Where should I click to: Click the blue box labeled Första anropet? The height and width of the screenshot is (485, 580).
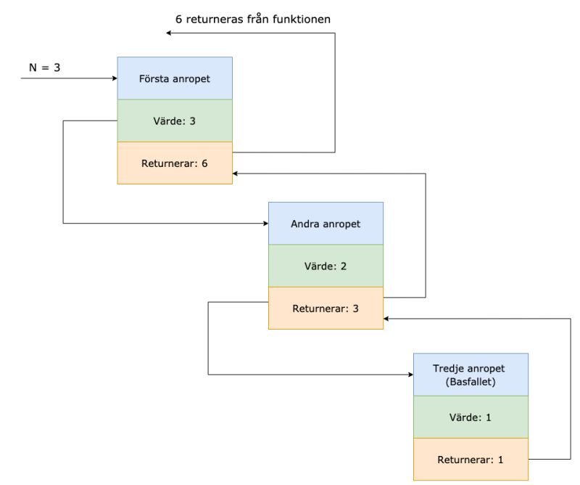[x=175, y=78]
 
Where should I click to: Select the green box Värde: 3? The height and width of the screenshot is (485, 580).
[x=175, y=121]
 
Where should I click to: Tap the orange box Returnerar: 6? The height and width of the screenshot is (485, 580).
[x=175, y=163]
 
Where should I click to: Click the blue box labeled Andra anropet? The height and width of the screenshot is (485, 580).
[x=326, y=224]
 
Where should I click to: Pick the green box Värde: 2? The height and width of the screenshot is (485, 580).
[x=326, y=266]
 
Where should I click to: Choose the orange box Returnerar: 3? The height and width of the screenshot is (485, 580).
[x=326, y=309]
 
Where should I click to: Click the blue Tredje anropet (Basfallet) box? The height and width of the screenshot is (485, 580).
[x=471, y=375]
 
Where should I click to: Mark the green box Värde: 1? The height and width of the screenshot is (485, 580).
[x=471, y=417]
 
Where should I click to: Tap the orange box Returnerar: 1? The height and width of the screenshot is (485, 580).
[x=471, y=460]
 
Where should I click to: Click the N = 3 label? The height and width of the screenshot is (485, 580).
[x=45, y=68]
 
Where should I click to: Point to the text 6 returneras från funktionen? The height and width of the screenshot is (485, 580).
[x=253, y=19]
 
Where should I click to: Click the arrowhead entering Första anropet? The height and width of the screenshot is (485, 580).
[x=114, y=78]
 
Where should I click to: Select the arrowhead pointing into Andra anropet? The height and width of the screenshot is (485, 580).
[x=265, y=224]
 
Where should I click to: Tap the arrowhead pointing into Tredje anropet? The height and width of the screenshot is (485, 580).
[x=410, y=375]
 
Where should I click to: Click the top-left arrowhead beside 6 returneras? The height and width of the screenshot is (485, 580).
[x=169, y=33]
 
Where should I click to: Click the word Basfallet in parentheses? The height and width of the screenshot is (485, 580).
[x=471, y=381]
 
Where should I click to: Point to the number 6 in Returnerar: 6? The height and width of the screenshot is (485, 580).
[x=204, y=163]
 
